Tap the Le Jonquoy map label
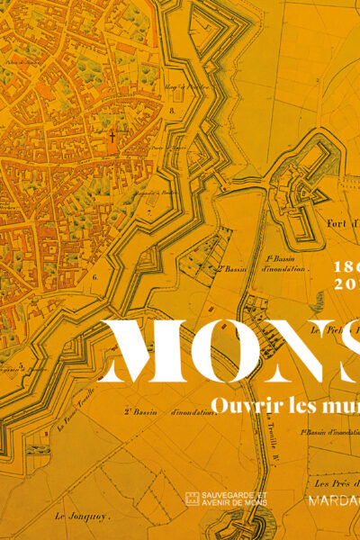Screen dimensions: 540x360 click(x=75, y=516)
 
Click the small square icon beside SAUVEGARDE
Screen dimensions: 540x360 click(x=192, y=498)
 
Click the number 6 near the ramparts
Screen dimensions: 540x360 click(x=94, y=278)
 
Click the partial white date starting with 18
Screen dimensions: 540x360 click(x=346, y=267)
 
